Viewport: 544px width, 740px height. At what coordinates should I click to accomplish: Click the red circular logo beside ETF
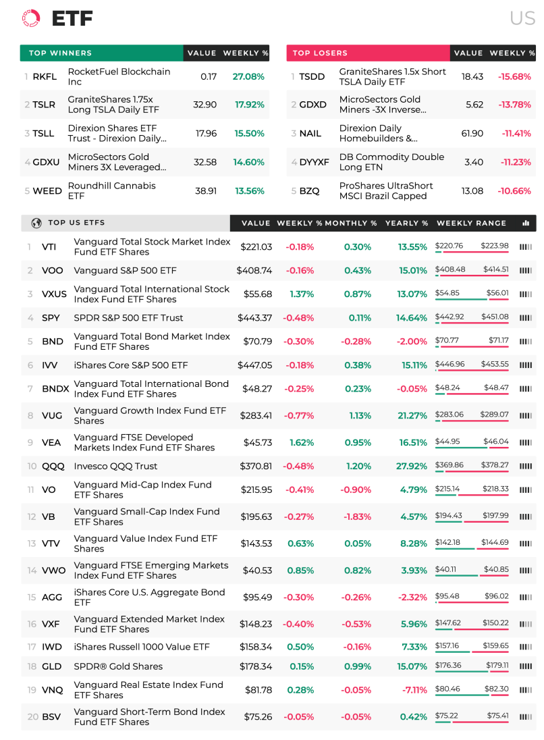[31, 18]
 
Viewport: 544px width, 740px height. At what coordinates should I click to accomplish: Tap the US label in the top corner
[522, 18]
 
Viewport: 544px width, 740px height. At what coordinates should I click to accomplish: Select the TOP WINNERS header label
[60, 53]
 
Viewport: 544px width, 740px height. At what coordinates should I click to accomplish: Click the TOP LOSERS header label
[320, 53]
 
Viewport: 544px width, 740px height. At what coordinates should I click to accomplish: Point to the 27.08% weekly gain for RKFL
[248, 76]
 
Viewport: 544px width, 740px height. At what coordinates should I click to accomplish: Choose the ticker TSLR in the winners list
[44, 104]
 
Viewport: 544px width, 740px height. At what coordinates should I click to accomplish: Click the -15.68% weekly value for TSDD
[514, 76]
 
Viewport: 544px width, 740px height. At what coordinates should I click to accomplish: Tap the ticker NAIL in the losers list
[310, 133]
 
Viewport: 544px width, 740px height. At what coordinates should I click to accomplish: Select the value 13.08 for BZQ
[472, 190]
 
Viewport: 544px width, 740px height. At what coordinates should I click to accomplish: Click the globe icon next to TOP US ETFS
[36, 223]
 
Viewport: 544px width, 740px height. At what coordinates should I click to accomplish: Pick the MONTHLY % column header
[351, 223]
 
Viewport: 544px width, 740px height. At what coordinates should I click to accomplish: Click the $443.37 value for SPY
[254, 317]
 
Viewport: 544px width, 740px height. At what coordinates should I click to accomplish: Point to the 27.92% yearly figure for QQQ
[412, 466]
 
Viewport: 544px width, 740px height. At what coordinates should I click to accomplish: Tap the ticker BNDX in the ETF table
[55, 388]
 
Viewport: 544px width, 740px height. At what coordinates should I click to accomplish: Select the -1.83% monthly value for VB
[357, 517]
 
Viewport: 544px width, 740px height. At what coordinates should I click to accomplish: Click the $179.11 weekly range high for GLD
[497, 665]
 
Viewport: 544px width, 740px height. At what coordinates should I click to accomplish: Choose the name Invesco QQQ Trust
[115, 466]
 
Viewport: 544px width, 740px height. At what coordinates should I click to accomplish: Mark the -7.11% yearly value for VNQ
[414, 689]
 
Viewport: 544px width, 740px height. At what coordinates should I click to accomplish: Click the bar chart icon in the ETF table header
[526, 223]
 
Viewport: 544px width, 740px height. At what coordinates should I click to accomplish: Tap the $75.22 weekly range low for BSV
[446, 715]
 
